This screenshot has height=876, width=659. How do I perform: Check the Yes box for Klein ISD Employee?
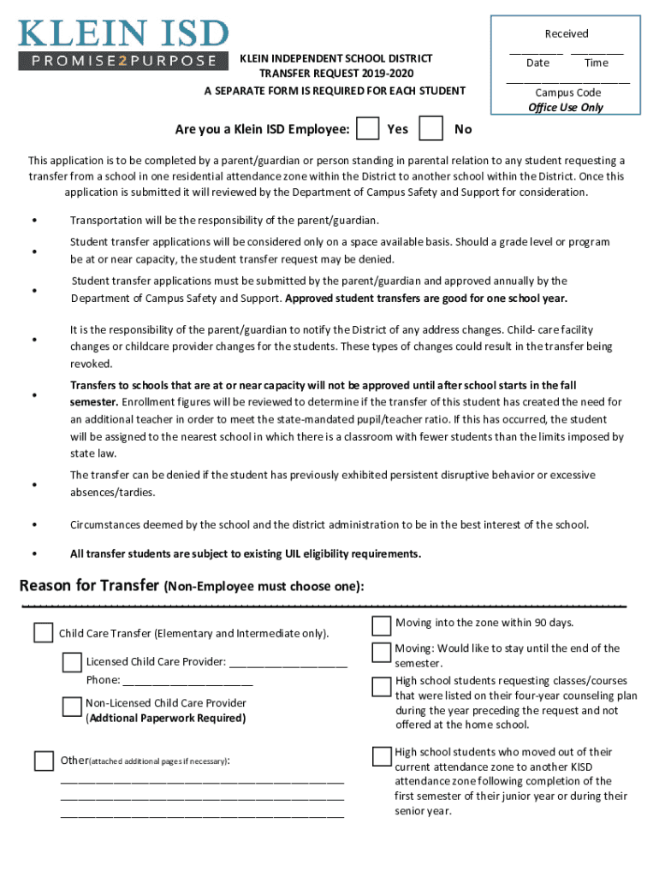pos(368,129)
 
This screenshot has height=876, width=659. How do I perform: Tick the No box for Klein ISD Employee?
pos(432,129)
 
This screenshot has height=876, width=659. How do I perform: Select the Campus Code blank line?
pos(567,81)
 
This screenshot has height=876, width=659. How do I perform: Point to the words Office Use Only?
pos(566,107)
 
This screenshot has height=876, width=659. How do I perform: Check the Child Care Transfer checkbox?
pos(43,633)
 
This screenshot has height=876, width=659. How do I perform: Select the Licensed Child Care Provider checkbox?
pos(72,662)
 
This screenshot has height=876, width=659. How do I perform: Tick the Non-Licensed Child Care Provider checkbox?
pos(72,706)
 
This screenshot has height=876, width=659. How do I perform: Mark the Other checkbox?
pos(43,760)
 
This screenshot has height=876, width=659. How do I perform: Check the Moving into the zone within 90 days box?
pos(382,625)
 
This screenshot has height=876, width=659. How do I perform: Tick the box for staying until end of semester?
pos(382,653)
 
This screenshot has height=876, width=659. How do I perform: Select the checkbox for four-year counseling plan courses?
pos(382,686)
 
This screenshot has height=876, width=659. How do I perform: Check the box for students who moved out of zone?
pos(382,755)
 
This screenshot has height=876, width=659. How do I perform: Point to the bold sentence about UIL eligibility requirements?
pos(246,553)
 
